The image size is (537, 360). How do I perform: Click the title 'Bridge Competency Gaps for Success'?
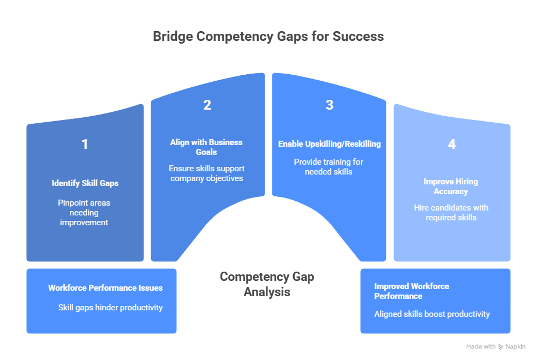[268, 37]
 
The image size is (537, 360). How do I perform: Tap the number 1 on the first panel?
[85, 145]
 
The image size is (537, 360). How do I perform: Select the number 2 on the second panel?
[207, 105]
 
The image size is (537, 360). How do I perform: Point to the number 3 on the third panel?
[330, 105]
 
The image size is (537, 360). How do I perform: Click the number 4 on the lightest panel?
[452, 145]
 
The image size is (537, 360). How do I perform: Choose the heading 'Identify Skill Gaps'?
[85, 183]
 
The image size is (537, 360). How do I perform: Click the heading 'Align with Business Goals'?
[206, 147]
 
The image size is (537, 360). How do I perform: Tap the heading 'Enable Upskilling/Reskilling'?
[330, 144]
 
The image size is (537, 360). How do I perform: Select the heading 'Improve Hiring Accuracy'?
[451, 187]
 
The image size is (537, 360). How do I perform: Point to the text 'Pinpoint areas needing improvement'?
[84, 212]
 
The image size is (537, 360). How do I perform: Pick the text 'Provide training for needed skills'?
[329, 166]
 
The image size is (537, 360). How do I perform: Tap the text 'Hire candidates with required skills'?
[451, 212]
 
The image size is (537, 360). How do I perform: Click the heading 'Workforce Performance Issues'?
[105, 288]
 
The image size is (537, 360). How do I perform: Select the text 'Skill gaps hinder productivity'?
[110, 308]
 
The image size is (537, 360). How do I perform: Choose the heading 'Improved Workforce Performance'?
[411, 291]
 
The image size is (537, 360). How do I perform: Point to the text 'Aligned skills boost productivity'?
[432, 314]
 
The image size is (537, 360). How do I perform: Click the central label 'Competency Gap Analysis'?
[267, 284]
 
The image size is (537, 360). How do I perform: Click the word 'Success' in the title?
[360, 37]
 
